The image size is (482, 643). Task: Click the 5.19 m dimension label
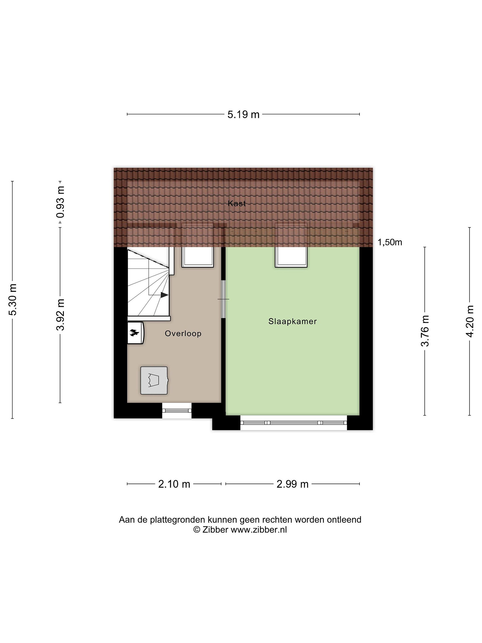[x=243, y=115]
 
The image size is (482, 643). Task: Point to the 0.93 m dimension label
[x=60, y=202]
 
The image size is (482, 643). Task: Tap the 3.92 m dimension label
[x=60, y=315]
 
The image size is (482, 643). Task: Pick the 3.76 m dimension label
[x=425, y=331]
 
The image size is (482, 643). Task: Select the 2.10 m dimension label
[x=174, y=484]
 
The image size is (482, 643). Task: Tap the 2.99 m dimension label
[x=292, y=484]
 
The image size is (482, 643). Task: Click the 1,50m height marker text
[x=390, y=242]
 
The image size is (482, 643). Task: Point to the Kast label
[x=237, y=203]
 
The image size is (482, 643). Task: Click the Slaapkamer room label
[x=292, y=321]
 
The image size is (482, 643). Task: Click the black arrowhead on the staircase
[x=164, y=295]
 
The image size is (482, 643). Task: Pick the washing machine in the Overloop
[x=154, y=380]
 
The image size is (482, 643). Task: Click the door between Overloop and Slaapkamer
[x=223, y=299]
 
